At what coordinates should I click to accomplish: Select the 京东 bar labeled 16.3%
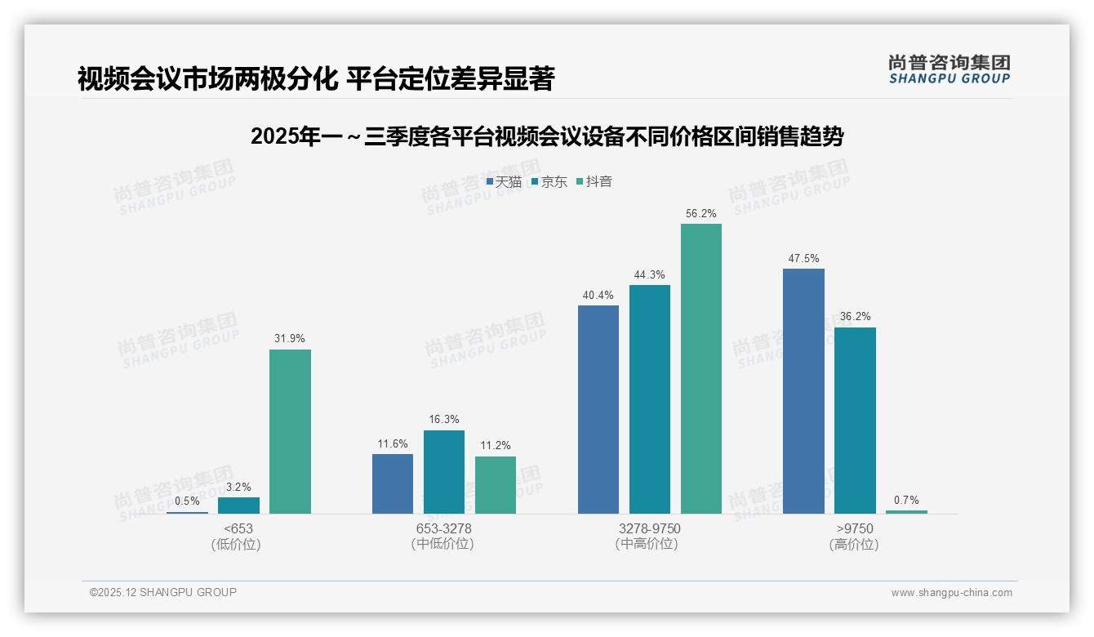(x=444, y=472)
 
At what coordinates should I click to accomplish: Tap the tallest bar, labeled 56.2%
(x=700, y=368)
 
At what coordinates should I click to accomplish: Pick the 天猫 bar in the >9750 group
(x=803, y=390)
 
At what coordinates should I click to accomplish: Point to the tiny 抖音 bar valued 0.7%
(x=906, y=512)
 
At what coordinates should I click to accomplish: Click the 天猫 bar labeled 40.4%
(x=598, y=409)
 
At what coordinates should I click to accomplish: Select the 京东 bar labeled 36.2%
(x=855, y=420)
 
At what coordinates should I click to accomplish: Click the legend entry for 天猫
(x=504, y=182)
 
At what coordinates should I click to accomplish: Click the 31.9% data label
(x=290, y=339)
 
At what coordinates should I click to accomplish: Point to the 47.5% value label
(x=803, y=258)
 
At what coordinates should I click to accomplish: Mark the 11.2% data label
(x=496, y=446)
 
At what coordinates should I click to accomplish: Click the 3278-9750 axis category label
(x=649, y=528)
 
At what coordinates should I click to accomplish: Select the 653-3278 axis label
(x=443, y=528)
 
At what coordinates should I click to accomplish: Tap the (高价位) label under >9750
(x=854, y=545)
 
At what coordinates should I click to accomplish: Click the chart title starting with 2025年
(x=547, y=136)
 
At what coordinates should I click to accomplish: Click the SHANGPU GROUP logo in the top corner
(x=949, y=69)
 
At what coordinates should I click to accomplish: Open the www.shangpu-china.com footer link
(x=951, y=593)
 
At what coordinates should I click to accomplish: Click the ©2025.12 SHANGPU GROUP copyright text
(x=163, y=592)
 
